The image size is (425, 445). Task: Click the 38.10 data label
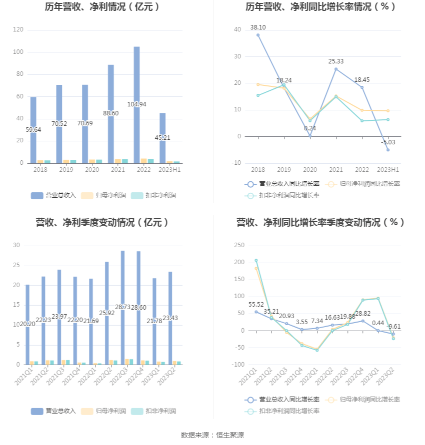(x=258, y=27)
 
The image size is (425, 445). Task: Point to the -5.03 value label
(x=388, y=142)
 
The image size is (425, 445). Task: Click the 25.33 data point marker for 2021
(x=336, y=69)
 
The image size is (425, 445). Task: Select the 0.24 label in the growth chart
(x=310, y=128)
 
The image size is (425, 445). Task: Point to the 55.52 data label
(x=256, y=304)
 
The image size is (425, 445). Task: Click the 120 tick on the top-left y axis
(x=18, y=30)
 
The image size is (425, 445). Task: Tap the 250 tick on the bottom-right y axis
(x=239, y=245)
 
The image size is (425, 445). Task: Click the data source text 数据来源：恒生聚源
(x=212, y=436)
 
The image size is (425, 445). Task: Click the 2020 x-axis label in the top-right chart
(x=310, y=170)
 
